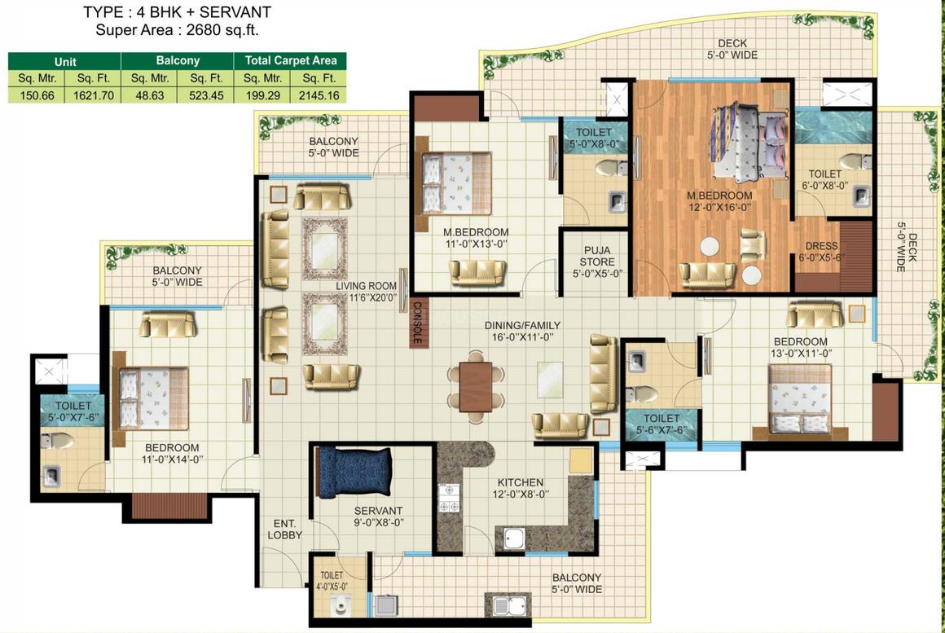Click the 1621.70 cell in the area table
coord(94,95)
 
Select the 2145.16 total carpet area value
coord(319,95)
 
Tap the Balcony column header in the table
coord(178,60)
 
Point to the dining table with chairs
coord(476,386)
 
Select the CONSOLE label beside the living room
coord(416,323)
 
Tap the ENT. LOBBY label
coord(284,530)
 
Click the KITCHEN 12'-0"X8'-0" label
coord(520,488)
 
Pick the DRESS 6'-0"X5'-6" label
coord(821,252)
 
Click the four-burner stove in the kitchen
coord(449,499)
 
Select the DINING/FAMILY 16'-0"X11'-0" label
coord(522,332)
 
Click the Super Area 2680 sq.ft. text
coord(178,30)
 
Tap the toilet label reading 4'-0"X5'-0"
coord(332,581)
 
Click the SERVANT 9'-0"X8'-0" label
coord(379,517)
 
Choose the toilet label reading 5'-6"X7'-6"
coord(661,424)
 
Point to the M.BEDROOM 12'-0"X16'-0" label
coord(719,201)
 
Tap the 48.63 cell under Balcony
coord(149,95)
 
